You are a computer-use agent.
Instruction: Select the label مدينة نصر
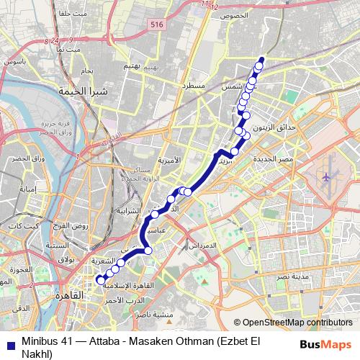tap(293, 277)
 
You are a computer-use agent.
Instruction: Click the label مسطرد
tap(192, 86)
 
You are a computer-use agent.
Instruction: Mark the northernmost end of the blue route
tap(261, 59)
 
